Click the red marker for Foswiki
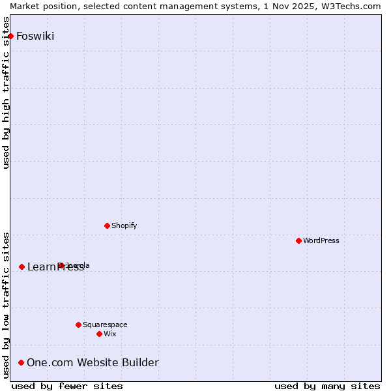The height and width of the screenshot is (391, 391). click(11, 36)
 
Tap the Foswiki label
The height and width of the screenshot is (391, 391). click(35, 36)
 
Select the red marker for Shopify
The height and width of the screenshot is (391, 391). click(108, 225)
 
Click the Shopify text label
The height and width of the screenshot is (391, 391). click(124, 225)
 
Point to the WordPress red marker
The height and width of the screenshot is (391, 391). click(299, 240)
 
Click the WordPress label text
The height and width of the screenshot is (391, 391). click(321, 240)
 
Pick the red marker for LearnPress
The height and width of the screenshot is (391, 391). click(22, 267)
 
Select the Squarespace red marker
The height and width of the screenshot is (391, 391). click(78, 325)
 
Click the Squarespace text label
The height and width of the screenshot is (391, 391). click(105, 325)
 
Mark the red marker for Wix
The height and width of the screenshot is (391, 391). click(99, 334)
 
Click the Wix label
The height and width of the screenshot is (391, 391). click(110, 334)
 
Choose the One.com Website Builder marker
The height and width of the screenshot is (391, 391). click(22, 362)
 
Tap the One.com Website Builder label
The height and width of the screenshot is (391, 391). click(93, 362)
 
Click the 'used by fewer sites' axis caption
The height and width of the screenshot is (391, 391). click(67, 386)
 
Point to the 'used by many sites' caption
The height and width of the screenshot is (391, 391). click(327, 386)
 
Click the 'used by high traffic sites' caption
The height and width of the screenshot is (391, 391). click(7, 93)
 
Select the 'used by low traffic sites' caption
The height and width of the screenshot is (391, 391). click(7, 305)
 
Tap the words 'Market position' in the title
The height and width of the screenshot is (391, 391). click(39, 6)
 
